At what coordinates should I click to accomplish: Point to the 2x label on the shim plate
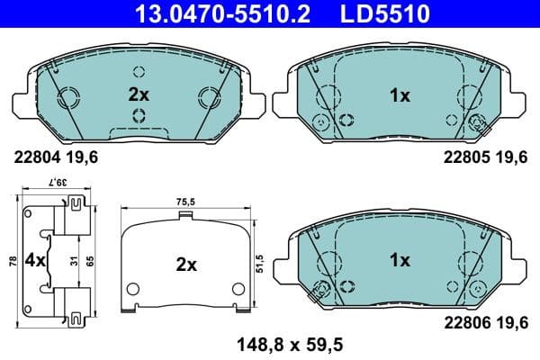pyautogui.click(x=186, y=265)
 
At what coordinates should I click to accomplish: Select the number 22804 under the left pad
pyautogui.click(x=35, y=157)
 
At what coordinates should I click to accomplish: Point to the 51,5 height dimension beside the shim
pyautogui.click(x=260, y=262)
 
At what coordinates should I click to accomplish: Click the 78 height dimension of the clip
pyautogui.click(x=11, y=261)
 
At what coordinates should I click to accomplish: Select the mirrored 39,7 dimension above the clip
pyautogui.click(x=58, y=182)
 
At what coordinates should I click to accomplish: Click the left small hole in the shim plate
pyautogui.click(x=131, y=289)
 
